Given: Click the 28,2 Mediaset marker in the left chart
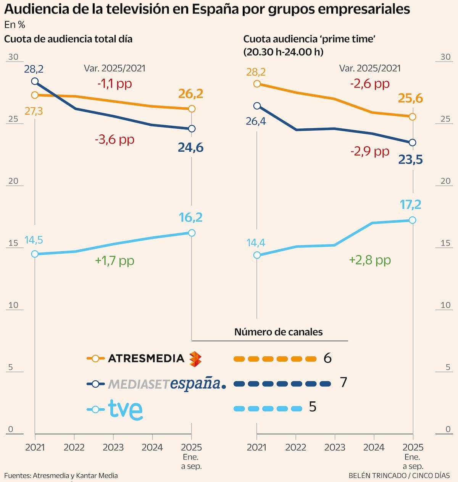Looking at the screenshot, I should coord(35,81).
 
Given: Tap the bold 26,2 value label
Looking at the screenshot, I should coord(190,94).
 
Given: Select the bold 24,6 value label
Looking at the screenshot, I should coord(190,147).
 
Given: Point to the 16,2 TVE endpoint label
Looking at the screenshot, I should coord(190,217).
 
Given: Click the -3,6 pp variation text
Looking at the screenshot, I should coord(114,139).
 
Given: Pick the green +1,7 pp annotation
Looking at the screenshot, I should coord(114,260).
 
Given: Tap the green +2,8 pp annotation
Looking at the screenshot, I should coord(370,260).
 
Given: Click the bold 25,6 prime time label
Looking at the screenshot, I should coord(411,99).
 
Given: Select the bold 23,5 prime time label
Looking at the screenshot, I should coord(411,159).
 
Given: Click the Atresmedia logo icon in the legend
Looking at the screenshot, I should coord(195,359).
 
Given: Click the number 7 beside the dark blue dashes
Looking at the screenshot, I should coord(343,382).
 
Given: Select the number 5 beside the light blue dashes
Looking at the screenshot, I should coord(313,407).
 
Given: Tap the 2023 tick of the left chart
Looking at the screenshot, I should coord(113,447).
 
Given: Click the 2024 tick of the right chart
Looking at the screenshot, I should coord(374,447).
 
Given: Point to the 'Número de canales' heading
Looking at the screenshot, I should coord(278,332).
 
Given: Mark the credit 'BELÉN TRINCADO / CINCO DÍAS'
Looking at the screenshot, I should coord(399,476).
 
